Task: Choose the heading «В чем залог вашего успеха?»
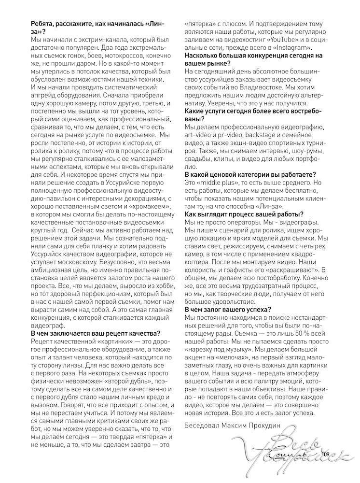(x=228, y=309)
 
